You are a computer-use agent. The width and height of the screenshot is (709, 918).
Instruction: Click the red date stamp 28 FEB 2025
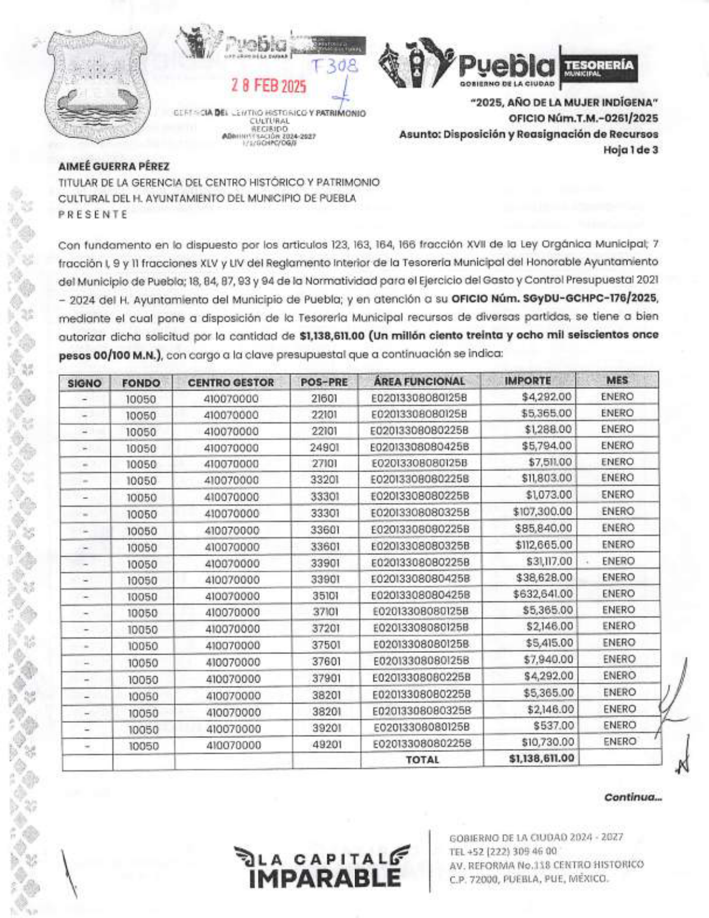[269, 86]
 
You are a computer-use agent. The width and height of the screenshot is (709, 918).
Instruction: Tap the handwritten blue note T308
[335, 67]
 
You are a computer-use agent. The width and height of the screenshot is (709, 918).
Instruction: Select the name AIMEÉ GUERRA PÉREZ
[114, 166]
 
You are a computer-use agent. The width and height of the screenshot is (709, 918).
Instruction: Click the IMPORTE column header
[528, 381]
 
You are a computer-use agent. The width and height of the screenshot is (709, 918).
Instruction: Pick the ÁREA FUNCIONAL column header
[419, 382]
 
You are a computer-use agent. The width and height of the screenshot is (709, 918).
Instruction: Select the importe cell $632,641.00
[543, 594]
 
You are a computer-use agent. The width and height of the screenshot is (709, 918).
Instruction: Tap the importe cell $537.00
[553, 726]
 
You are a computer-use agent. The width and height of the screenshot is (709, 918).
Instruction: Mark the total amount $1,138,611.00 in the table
[541, 759]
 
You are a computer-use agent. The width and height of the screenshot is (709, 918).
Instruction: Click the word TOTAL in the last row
[422, 760]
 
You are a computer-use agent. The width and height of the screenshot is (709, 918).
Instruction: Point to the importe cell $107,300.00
[542, 511]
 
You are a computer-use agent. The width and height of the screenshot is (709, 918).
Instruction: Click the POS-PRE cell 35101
[325, 595]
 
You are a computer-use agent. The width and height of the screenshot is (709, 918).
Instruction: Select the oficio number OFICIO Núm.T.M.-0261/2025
[583, 119]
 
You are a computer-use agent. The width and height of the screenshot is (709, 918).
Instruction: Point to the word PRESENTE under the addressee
[93, 214]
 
